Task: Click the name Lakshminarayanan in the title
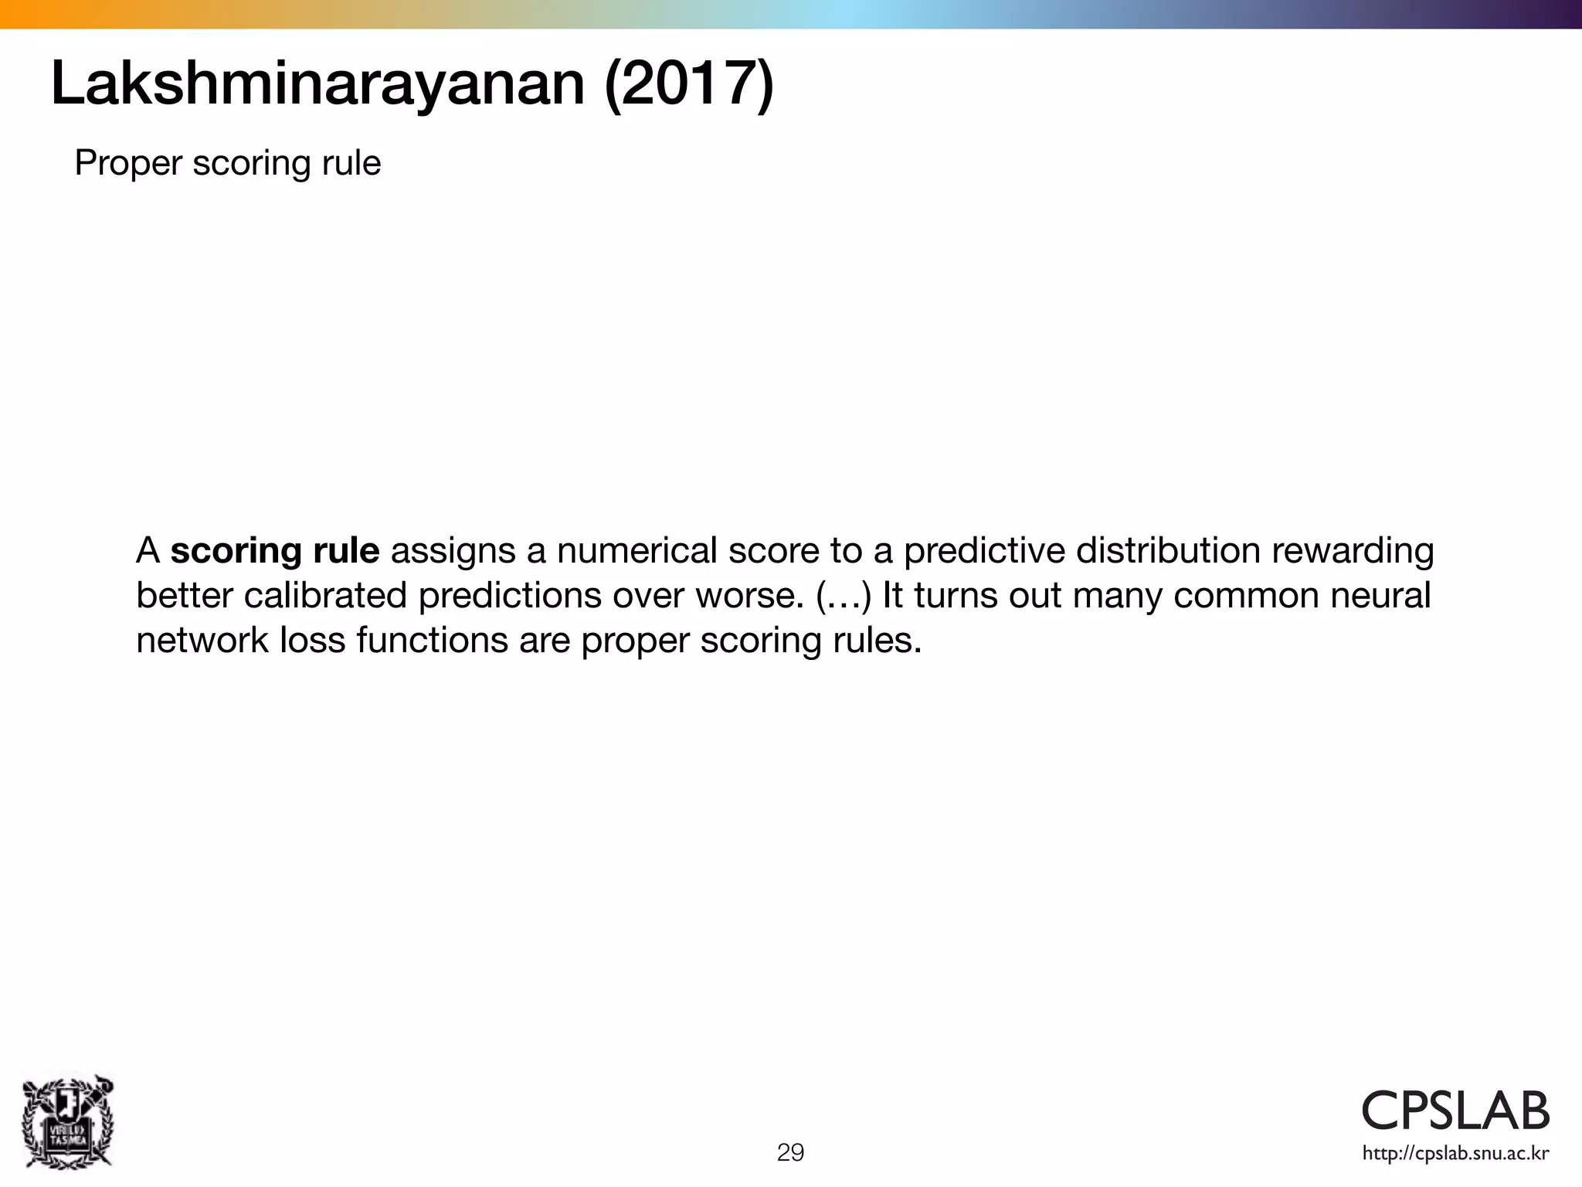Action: tap(317, 83)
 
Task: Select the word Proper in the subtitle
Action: tap(128, 163)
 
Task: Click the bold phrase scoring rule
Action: tap(275, 551)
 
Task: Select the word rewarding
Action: tap(1353, 551)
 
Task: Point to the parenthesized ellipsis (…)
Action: tap(844, 596)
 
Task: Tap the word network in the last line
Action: tap(202, 641)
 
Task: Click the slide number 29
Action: tap(790, 1152)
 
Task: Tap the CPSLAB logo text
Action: tap(1455, 1110)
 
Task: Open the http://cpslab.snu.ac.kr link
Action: tap(1455, 1154)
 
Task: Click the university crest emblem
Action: tap(68, 1122)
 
